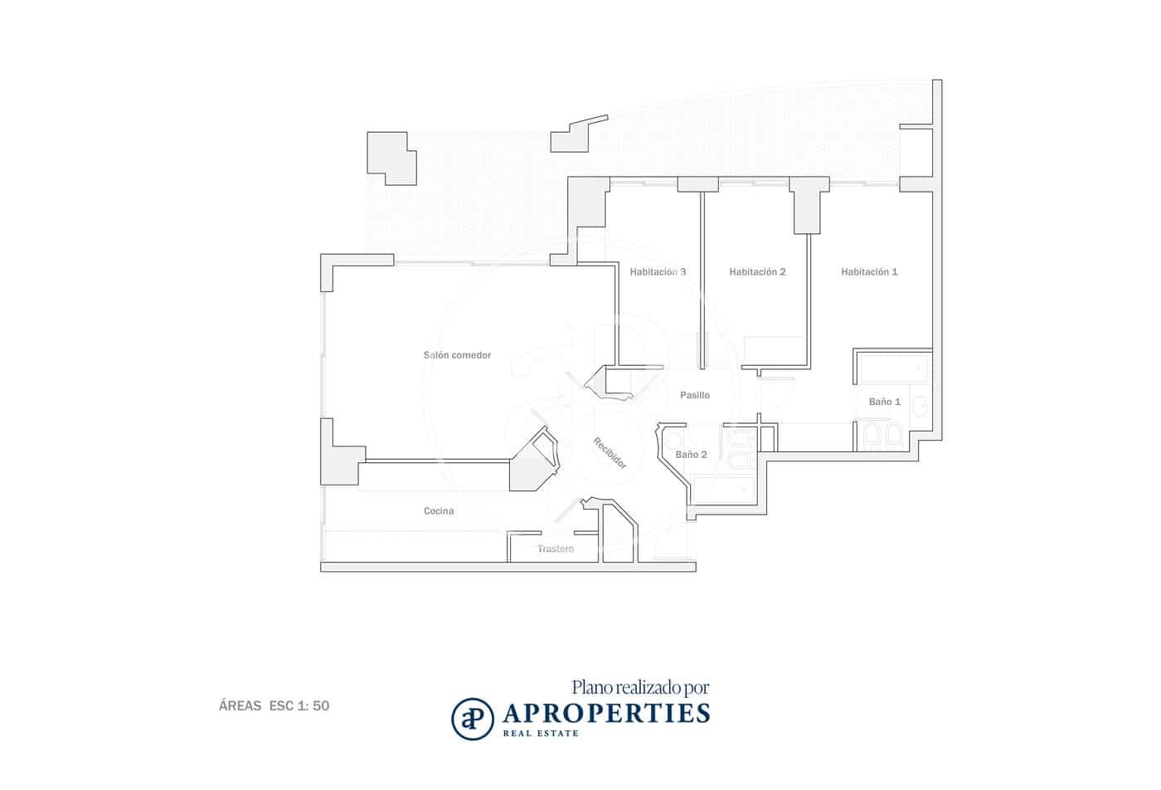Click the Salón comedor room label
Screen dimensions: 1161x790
click(x=457, y=355)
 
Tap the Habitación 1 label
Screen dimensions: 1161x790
click(x=869, y=272)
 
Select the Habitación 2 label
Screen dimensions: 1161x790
click(x=757, y=272)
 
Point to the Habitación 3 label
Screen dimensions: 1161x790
click(x=658, y=272)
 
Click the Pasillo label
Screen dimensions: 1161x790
click(x=695, y=395)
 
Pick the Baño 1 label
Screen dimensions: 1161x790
click(x=884, y=402)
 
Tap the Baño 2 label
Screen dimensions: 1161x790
click(x=691, y=455)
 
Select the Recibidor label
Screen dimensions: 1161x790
click(x=610, y=453)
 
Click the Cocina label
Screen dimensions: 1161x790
click(x=439, y=511)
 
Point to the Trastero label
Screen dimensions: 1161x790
click(x=555, y=549)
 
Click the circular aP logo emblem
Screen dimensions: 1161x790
click(x=472, y=719)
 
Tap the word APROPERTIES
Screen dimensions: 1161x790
click(x=606, y=714)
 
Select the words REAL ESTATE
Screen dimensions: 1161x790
click(x=540, y=734)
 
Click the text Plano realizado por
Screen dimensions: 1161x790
click(x=640, y=688)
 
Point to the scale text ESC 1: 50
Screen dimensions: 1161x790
click(x=299, y=706)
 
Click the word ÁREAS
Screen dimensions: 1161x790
click(x=240, y=705)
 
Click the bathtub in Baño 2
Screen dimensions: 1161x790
click(x=722, y=490)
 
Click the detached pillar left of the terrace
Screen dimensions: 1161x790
click(x=391, y=158)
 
